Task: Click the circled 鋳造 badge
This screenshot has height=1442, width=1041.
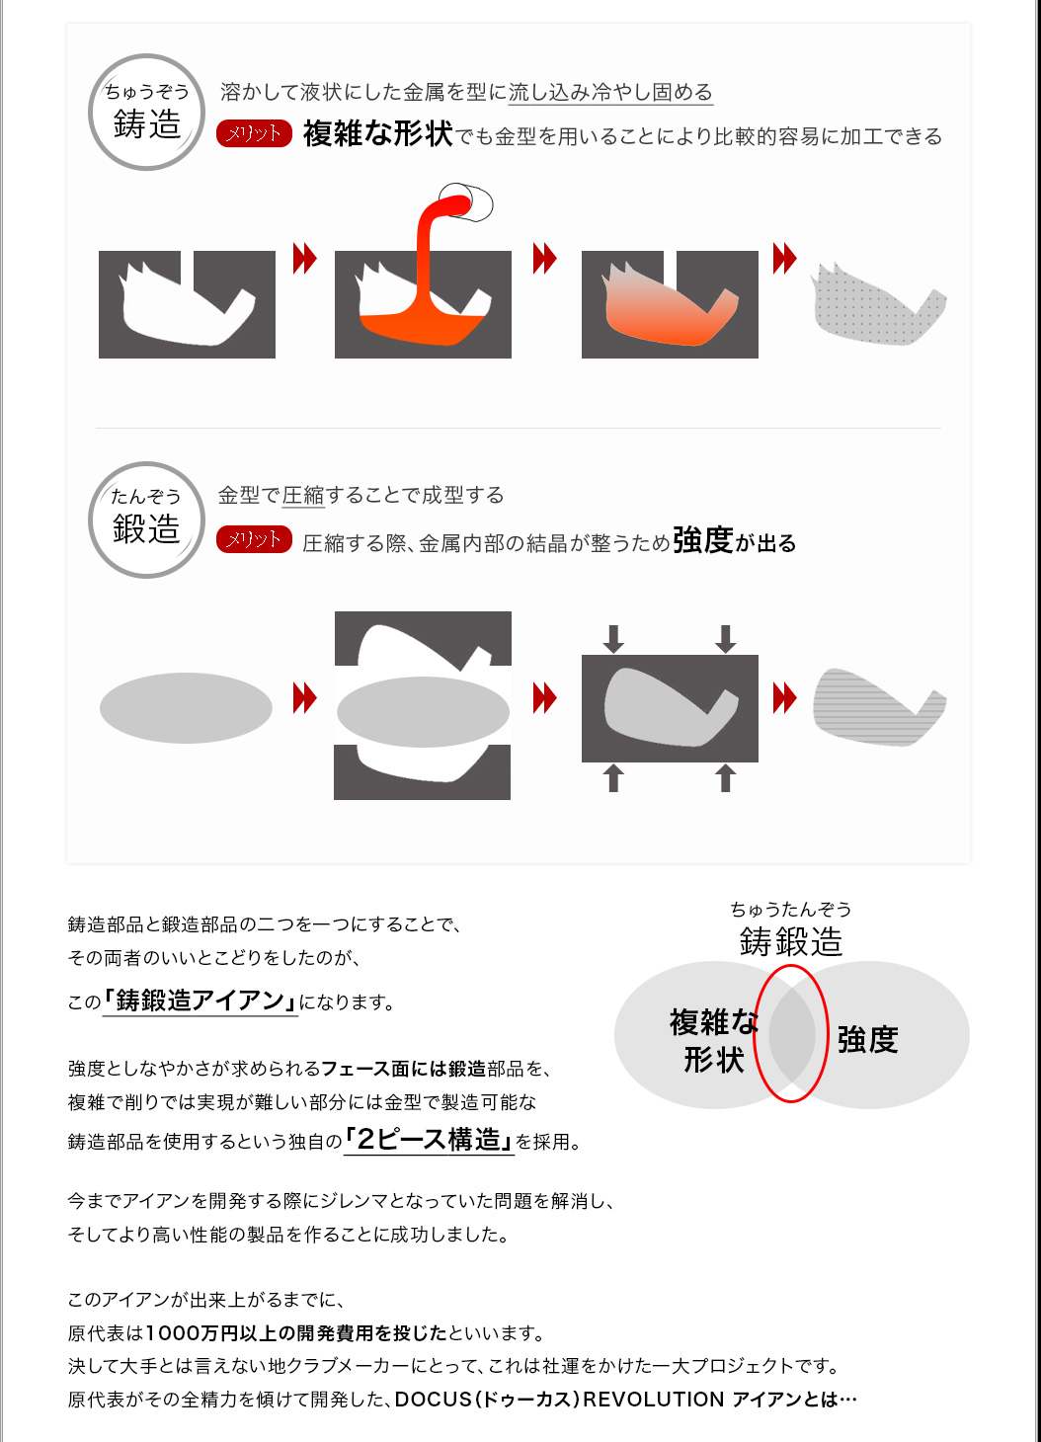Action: click(x=147, y=112)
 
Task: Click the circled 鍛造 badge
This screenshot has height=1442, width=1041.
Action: click(x=147, y=520)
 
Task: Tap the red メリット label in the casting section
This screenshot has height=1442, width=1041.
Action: click(x=254, y=133)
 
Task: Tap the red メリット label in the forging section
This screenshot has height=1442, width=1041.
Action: click(x=254, y=539)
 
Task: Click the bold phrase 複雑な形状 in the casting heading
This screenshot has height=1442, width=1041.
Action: click(x=378, y=134)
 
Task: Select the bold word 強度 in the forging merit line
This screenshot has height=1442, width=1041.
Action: click(x=703, y=539)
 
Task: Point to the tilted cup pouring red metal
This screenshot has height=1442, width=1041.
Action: click(x=466, y=202)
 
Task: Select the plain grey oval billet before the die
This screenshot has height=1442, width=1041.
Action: click(x=186, y=708)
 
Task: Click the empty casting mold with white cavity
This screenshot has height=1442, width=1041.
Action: click(x=187, y=304)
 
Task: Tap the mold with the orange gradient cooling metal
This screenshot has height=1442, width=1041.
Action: click(x=670, y=304)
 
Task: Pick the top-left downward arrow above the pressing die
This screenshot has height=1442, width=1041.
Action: click(x=613, y=639)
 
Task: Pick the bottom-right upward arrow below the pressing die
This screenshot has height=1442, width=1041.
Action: click(x=726, y=777)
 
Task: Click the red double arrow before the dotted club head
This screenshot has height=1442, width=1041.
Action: click(x=785, y=258)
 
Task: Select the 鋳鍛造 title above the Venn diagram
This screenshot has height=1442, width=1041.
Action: click(x=791, y=942)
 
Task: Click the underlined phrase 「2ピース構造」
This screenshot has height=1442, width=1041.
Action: click(x=429, y=1140)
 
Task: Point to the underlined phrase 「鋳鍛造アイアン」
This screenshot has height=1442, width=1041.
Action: click(x=200, y=1001)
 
